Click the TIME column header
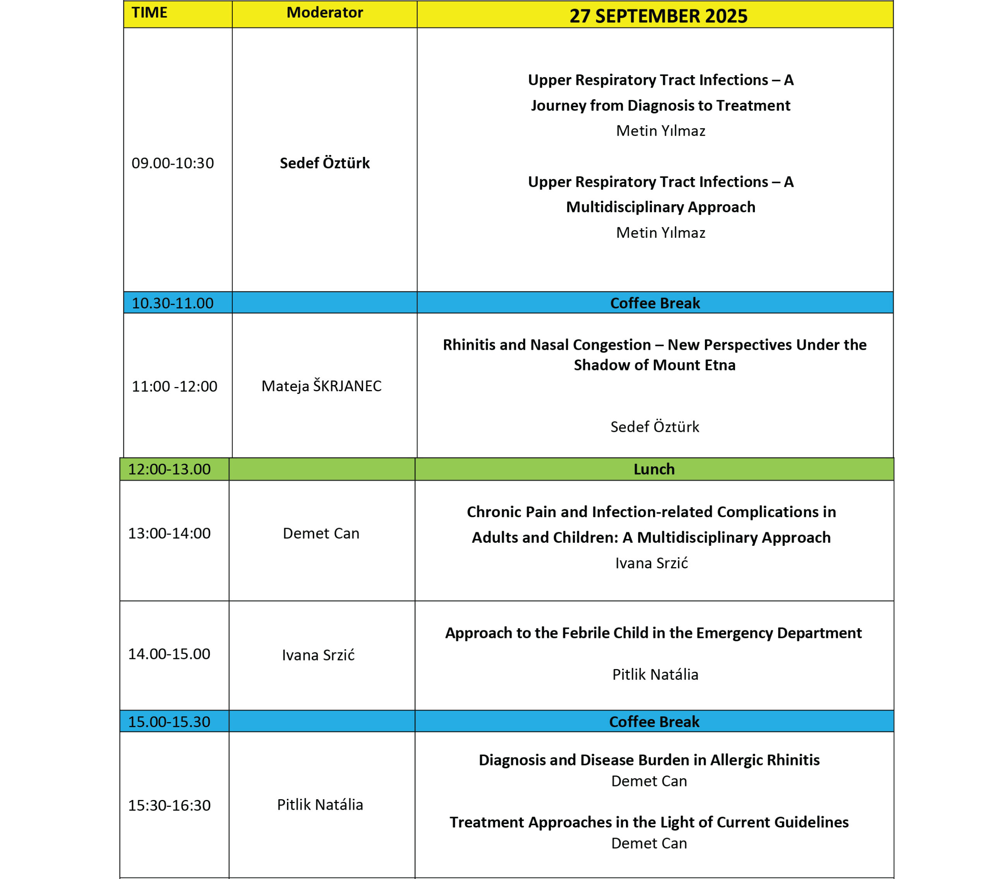pyautogui.click(x=149, y=13)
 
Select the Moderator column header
pyautogui.click(x=324, y=13)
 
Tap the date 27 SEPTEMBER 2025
pyautogui.click(x=658, y=16)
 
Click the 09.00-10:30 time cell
pyautogui.click(x=173, y=163)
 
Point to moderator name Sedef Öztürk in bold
pyautogui.click(x=324, y=163)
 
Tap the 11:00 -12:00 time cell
pyautogui.click(x=175, y=386)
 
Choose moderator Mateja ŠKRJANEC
pyautogui.click(x=321, y=386)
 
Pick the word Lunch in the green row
pyautogui.click(x=653, y=469)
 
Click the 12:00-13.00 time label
pyautogui.click(x=169, y=469)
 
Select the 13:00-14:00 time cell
pyautogui.click(x=169, y=533)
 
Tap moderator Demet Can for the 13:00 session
pyautogui.click(x=321, y=533)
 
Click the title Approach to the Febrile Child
pyautogui.click(x=653, y=633)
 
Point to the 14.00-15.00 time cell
pyautogui.click(x=169, y=654)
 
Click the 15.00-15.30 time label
pyautogui.click(x=169, y=721)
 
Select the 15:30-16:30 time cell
pyautogui.click(x=169, y=805)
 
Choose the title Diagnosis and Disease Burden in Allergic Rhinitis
pyautogui.click(x=649, y=760)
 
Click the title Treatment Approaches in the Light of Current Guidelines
pyautogui.click(x=649, y=822)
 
